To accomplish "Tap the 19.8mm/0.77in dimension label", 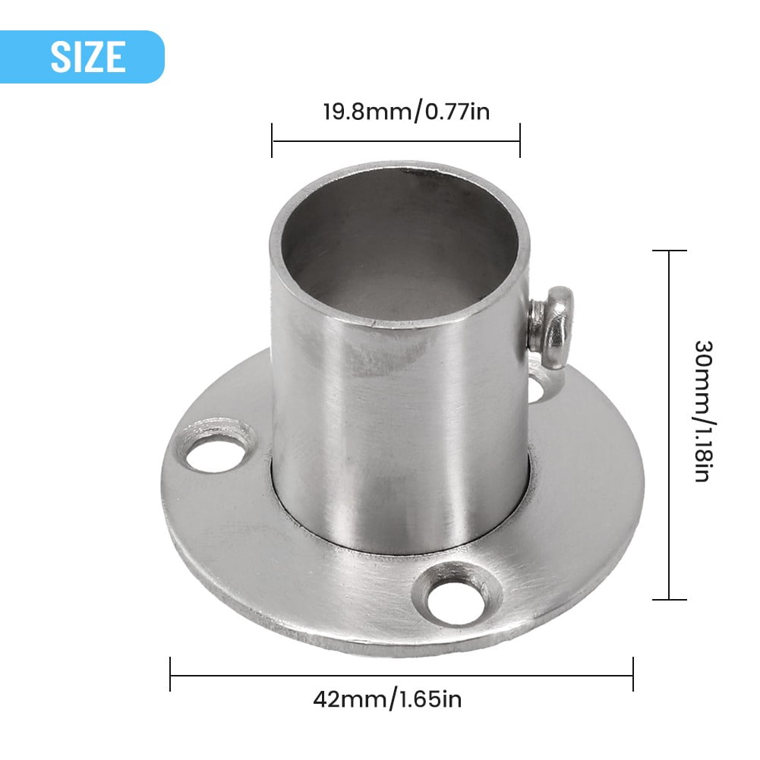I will [x=396, y=112].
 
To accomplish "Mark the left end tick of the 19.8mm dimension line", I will [x=272, y=140].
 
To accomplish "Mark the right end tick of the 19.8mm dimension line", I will [x=520, y=140].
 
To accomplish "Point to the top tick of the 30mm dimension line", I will [x=669, y=251].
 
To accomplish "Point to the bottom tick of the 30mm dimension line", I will [x=669, y=600].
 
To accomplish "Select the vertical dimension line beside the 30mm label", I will [x=669, y=425].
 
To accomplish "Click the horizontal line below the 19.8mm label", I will [x=396, y=140].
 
